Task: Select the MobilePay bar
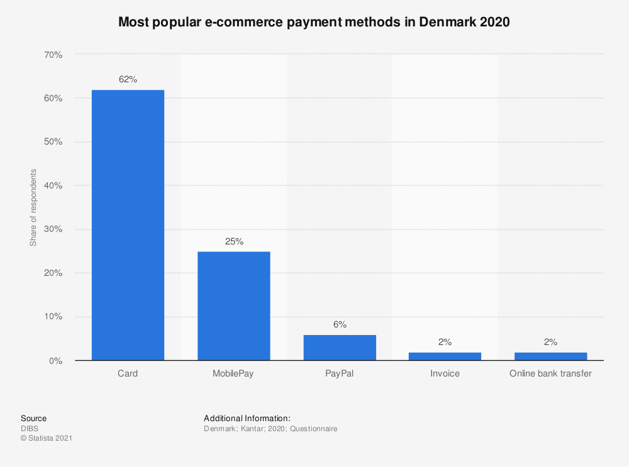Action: [x=234, y=306]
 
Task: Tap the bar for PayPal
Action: [x=340, y=348]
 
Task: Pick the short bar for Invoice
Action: [x=445, y=356]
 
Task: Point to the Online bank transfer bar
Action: [x=550, y=356]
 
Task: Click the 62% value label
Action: [x=128, y=80]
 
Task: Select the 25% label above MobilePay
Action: [x=234, y=241]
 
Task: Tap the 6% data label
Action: [x=340, y=325]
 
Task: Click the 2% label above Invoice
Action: [x=445, y=342]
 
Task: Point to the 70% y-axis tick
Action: [x=53, y=55]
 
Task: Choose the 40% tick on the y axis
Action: [x=53, y=185]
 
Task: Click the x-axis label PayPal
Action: [x=340, y=373]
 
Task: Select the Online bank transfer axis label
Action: [x=550, y=373]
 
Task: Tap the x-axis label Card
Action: [x=128, y=373]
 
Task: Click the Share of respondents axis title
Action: [x=33, y=207]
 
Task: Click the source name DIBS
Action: [x=30, y=429]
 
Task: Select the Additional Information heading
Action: [x=247, y=418]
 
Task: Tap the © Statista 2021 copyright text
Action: [x=47, y=438]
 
